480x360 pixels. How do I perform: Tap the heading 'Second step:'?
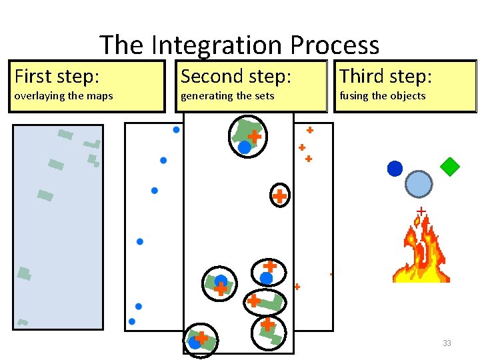click(x=236, y=76)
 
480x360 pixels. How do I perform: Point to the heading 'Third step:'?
click(x=386, y=76)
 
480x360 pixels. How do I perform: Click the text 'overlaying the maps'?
click(x=64, y=96)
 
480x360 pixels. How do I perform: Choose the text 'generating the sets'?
click(x=227, y=96)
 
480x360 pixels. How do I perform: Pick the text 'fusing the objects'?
click(x=383, y=96)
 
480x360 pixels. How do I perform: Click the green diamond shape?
click(x=450, y=165)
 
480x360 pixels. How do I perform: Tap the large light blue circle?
click(x=419, y=184)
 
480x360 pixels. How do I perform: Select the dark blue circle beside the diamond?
click(x=395, y=169)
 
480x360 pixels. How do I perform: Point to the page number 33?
click(x=447, y=343)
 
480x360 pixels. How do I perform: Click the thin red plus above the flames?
click(x=421, y=211)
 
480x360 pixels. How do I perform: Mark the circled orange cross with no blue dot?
click(x=280, y=196)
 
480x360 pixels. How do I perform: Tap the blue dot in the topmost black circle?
click(x=245, y=147)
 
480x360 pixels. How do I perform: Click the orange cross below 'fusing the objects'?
click(x=309, y=130)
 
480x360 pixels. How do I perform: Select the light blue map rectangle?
click(x=58, y=227)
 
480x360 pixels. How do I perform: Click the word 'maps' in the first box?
click(x=101, y=96)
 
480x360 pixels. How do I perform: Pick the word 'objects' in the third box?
click(x=407, y=96)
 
